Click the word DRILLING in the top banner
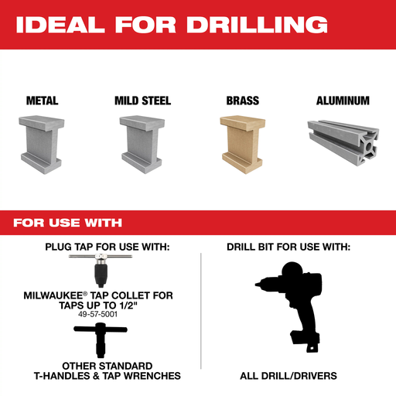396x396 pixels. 257,25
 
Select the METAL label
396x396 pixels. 43,101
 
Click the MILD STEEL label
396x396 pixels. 143,101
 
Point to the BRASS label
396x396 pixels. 243,101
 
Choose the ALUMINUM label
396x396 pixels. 343,101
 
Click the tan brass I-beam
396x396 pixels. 242,145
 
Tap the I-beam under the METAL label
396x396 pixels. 41,145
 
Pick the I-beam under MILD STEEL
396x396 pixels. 142,145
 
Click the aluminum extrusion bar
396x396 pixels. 343,142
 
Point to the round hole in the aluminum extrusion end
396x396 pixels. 369,147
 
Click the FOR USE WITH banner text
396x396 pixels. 67,223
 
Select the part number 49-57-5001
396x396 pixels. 97,314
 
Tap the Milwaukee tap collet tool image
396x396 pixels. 101,270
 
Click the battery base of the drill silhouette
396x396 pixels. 306,339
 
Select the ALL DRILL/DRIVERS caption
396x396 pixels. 288,376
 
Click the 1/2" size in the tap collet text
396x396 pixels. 128,306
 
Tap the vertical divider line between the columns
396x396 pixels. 201,311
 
